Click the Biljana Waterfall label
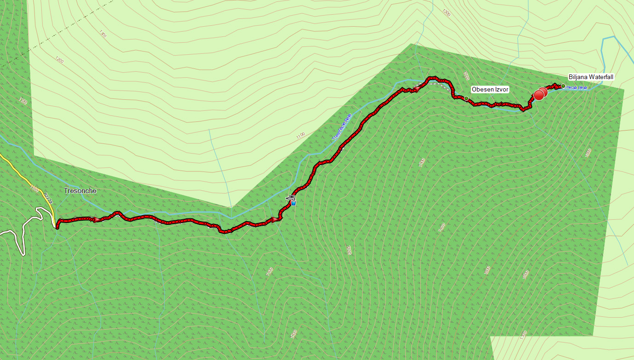point(591,77)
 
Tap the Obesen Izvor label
point(490,89)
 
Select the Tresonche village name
point(80,191)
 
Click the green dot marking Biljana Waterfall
point(563,86)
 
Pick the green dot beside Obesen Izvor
point(466,98)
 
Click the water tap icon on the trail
point(291,197)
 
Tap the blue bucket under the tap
point(294,203)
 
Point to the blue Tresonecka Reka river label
point(342,127)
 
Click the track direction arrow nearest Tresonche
point(97,220)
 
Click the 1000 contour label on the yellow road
point(34,188)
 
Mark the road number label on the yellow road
point(47,199)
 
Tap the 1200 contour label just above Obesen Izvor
point(467,76)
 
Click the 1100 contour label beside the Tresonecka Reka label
point(300,136)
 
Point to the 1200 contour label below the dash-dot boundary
point(59,60)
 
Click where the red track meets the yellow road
point(57,226)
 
